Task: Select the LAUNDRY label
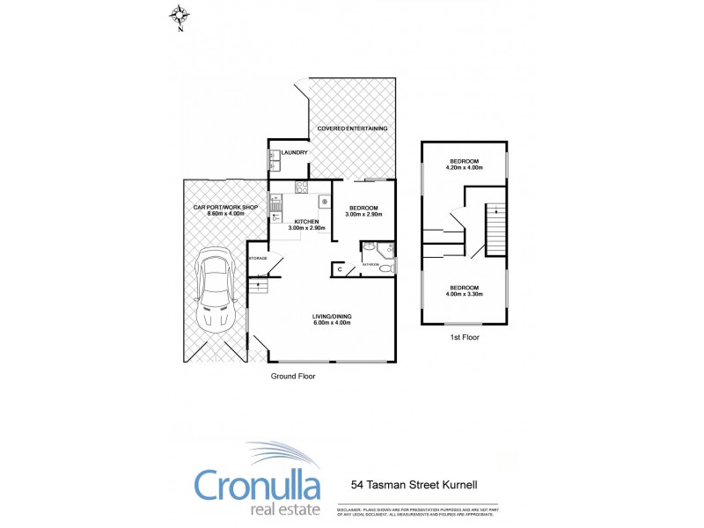point(294,153)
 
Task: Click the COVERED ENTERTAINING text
point(352,128)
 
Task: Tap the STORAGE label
point(258,258)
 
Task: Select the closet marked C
point(340,268)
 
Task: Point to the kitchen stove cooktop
point(300,187)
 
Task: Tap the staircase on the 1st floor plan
point(495,229)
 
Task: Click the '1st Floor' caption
point(464,335)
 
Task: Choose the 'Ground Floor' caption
point(292,376)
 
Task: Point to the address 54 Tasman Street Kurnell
point(414,484)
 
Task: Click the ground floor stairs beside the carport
point(258,284)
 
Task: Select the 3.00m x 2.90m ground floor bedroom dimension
point(363,214)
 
